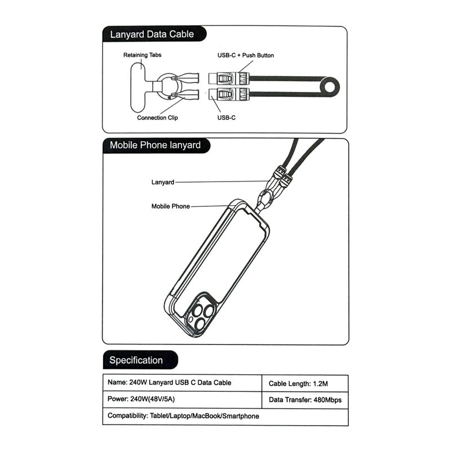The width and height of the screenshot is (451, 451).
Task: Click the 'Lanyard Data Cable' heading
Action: pos(152,34)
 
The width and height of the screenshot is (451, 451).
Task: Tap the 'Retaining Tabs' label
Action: pos(143,55)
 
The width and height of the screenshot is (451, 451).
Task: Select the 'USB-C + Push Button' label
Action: pos(246,55)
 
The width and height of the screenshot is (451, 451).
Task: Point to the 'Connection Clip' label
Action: pos(157,118)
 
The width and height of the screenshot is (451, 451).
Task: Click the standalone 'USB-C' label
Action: pos(227,118)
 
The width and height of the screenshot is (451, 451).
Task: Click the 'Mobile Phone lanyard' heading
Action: pos(155,145)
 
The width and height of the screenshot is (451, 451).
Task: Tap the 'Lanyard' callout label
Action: pos(163,182)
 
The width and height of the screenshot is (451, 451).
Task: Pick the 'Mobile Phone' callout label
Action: pos(171,206)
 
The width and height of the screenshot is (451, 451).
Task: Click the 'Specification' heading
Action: pos(136,360)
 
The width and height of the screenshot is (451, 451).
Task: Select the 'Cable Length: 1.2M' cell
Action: pos(305,383)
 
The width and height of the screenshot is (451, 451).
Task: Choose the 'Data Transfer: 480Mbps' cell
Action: pos(305,400)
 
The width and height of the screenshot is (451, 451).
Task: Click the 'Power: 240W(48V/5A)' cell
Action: pos(182,399)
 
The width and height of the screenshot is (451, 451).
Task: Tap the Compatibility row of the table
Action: pos(225,416)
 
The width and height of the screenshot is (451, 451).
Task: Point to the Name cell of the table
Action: pos(182,383)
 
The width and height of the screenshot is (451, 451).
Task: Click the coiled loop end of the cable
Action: pos(330,87)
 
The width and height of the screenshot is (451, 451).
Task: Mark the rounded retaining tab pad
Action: pos(138,87)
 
